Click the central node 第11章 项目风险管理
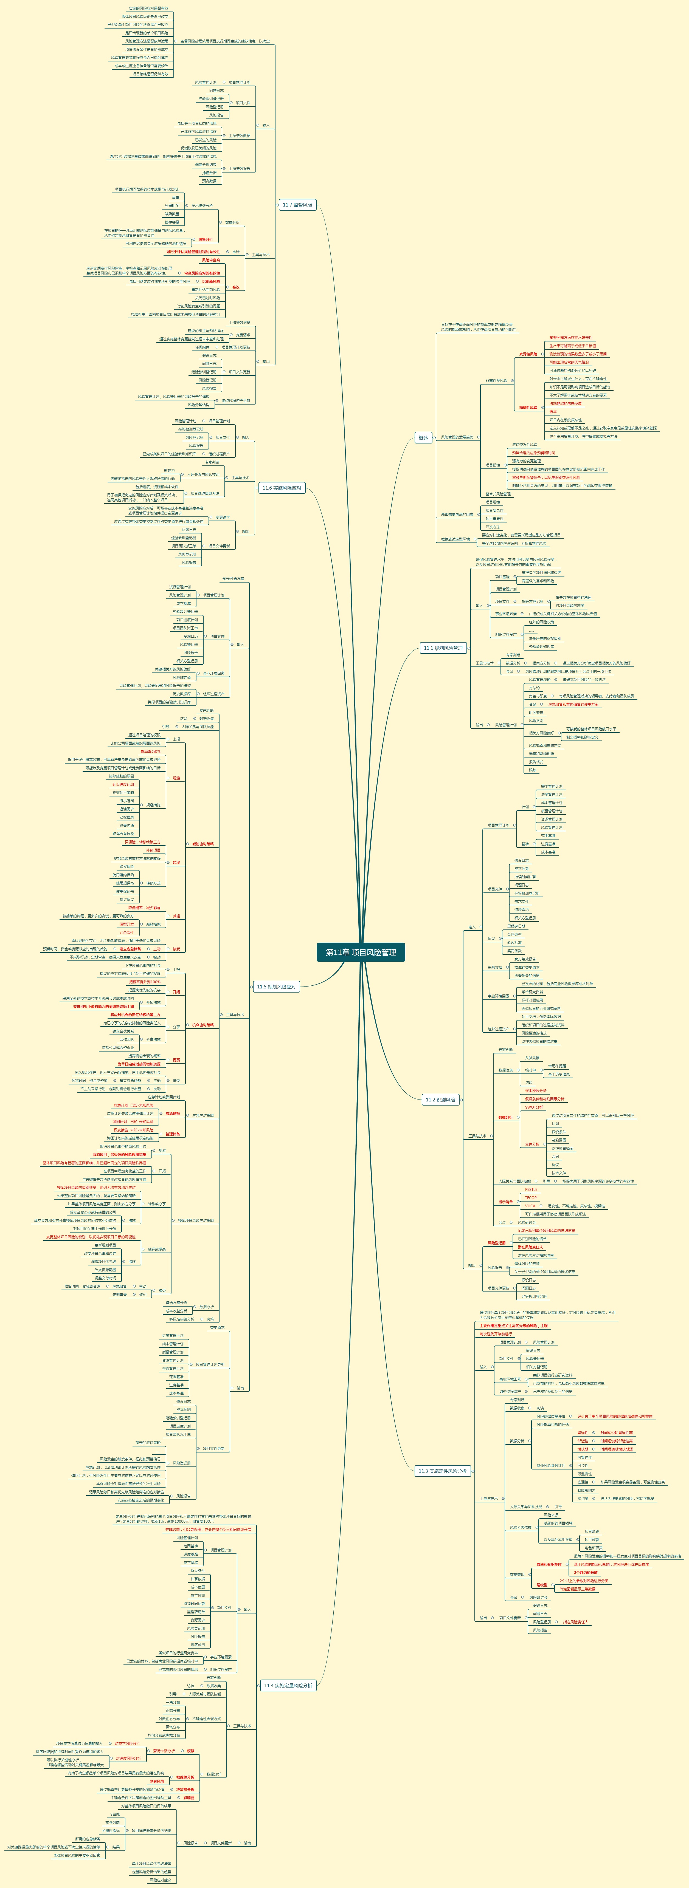click(361, 952)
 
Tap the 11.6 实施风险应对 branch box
click(282, 487)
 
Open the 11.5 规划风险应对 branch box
click(276, 987)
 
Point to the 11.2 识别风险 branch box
click(440, 1100)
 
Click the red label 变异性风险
click(528, 354)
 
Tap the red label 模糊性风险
click(528, 408)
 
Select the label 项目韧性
click(493, 465)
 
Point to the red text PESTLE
click(531, 1189)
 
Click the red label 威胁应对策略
click(203, 844)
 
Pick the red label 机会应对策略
click(203, 1025)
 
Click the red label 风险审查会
click(211, 260)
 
